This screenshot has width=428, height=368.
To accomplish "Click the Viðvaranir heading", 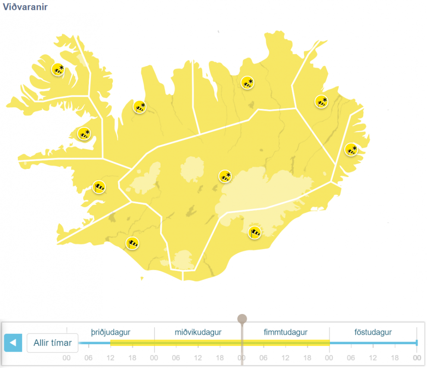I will coord(25,7).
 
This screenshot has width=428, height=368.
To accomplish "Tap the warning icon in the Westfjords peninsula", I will coord(58,69).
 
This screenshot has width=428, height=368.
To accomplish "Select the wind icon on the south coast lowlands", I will coord(132,243).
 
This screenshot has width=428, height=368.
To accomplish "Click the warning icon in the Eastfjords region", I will coord(351,150).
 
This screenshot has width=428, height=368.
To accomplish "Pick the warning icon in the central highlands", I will coord(225,176).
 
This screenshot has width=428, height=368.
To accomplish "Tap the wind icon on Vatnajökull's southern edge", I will coord(255,232).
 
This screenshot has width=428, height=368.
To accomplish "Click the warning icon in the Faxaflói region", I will coord(99,187).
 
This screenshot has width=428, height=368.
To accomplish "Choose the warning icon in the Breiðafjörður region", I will coord(84,133).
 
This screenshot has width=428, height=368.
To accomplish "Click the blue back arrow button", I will coord(13,343).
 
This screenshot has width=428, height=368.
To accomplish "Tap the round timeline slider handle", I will coord(242,319).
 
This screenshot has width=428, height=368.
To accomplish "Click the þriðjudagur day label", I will coord(110,332).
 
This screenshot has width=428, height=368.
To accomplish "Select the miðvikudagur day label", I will coord(198,332).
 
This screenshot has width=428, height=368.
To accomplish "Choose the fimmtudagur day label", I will coord(285,332).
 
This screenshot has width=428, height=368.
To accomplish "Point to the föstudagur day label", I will coord(373,332).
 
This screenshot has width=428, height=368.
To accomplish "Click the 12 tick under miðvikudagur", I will coord(198,358).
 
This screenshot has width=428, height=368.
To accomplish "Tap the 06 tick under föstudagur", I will coord(351,358).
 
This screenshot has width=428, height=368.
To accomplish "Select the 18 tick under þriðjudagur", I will coord(132,358).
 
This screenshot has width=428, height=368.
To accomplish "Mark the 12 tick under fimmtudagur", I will coord(285,358).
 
